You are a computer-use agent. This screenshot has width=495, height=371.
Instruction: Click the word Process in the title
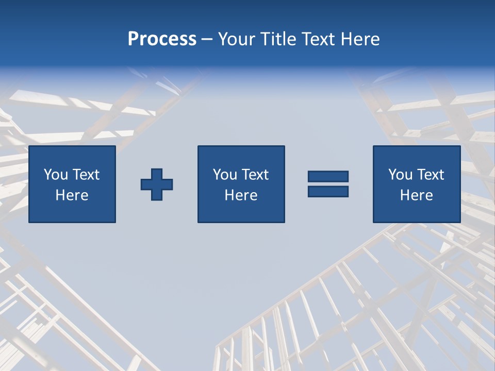point(162,39)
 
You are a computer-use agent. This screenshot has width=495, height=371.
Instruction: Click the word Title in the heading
point(277,39)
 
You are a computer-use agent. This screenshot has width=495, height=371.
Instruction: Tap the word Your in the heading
point(238,39)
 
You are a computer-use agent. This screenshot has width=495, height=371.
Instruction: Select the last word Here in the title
point(361,39)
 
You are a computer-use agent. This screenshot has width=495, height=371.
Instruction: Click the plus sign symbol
point(157,184)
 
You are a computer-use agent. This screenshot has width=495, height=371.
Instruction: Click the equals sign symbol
point(328,184)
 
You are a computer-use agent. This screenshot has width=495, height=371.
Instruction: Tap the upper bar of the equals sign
point(328,176)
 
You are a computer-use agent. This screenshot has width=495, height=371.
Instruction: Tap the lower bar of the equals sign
point(328,192)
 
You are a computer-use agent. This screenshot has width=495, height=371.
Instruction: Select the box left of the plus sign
point(72,184)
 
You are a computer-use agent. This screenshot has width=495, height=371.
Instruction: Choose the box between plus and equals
point(241,184)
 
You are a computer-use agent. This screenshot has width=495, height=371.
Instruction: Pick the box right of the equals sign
point(416,184)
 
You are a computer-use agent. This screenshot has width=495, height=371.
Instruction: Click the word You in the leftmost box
point(56,175)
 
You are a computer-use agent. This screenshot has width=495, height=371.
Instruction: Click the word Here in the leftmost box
point(72,195)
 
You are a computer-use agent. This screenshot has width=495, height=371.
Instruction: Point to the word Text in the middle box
point(255,175)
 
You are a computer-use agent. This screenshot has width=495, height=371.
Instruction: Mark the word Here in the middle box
point(241,195)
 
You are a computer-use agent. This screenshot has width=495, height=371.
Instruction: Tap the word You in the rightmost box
point(401,175)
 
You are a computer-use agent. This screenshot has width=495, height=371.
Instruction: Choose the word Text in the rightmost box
point(430,175)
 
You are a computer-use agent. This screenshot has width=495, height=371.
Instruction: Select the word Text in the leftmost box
point(86,175)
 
